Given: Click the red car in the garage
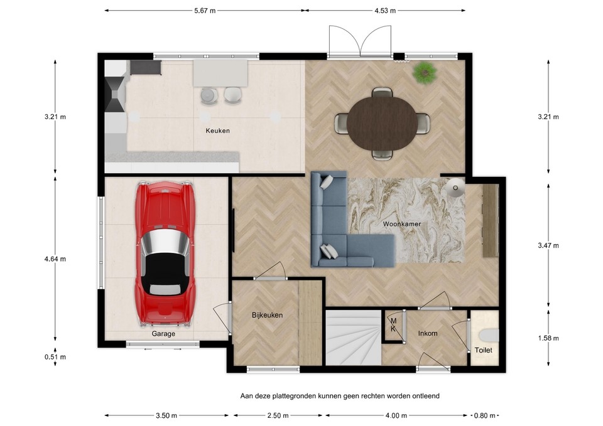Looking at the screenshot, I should [165, 253].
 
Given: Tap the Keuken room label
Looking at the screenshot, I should [218, 131].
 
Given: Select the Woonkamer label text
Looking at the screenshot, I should [401, 223].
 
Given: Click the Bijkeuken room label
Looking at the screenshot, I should [268, 315].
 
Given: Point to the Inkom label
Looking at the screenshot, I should [428, 333].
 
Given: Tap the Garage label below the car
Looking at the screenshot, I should [163, 334].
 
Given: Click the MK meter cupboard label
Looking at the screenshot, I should [393, 324].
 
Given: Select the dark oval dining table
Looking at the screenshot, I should [382, 123].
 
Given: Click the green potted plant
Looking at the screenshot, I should [425, 72].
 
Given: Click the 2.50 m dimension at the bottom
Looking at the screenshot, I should [278, 415].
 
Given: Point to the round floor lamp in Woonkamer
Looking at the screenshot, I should [455, 187].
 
